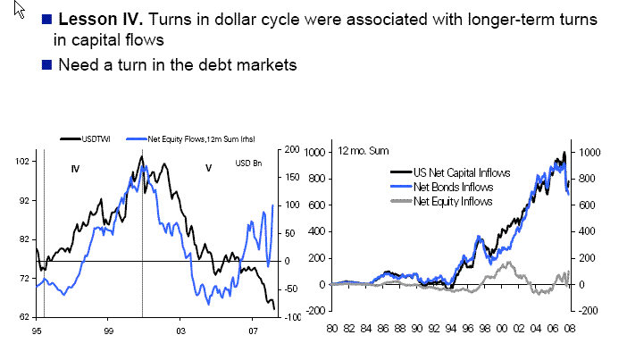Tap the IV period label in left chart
(75, 168)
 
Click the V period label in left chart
(208, 168)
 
